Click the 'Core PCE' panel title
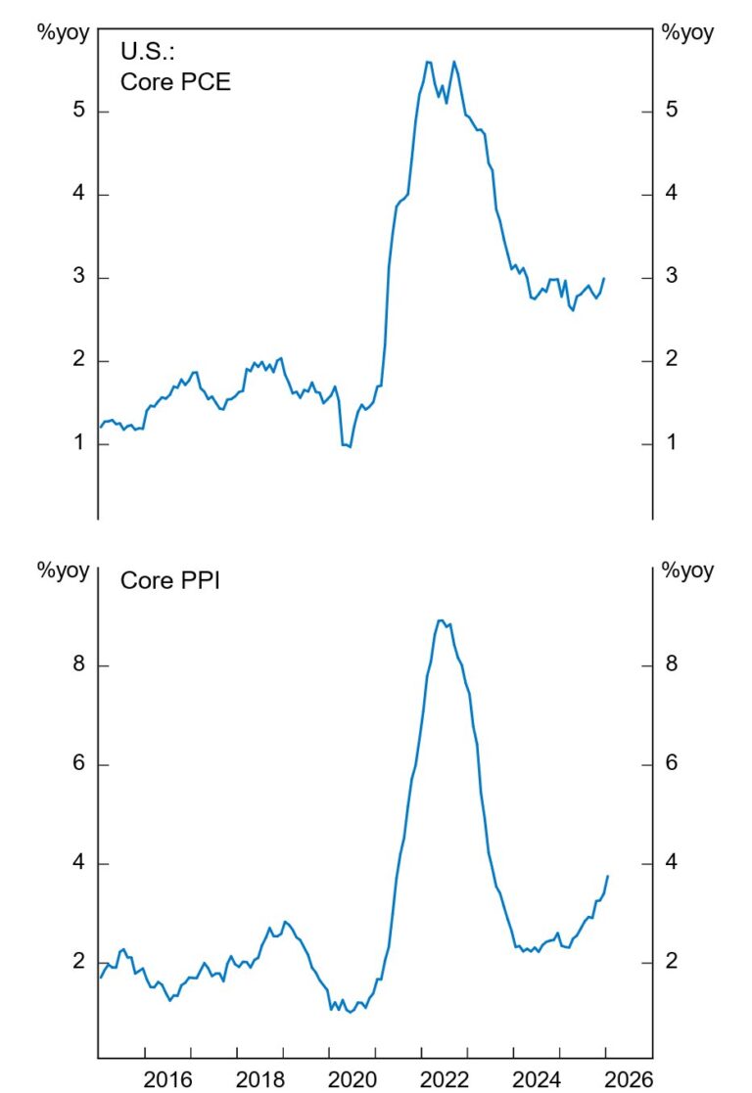pyautogui.click(x=175, y=81)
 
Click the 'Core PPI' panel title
pyautogui.click(x=169, y=580)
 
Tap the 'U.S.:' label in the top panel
pyautogui.click(x=147, y=51)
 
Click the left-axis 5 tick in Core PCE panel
pyautogui.click(x=78, y=111)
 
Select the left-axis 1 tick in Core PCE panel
pyautogui.click(x=78, y=444)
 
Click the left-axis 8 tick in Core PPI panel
pyautogui.click(x=78, y=665)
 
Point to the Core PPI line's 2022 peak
pyautogui.click(x=441, y=620)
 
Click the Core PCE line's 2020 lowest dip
pyautogui.click(x=350, y=447)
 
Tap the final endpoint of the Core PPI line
pyautogui.click(x=608, y=876)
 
